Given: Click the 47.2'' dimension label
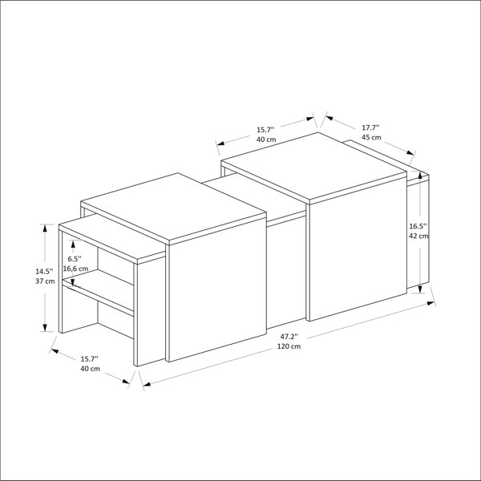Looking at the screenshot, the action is pyautogui.click(x=289, y=337).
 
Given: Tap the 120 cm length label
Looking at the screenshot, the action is pyautogui.click(x=289, y=346).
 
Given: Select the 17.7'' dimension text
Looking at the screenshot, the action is pyautogui.click(x=370, y=127).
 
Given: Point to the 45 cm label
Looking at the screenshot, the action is pyautogui.click(x=371, y=137).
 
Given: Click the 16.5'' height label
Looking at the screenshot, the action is pyautogui.click(x=418, y=226).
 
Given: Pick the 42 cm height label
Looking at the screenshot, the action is pyautogui.click(x=418, y=236).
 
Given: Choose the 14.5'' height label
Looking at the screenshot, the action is pyautogui.click(x=44, y=271).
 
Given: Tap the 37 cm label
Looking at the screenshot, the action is pyautogui.click(x=45, y=281).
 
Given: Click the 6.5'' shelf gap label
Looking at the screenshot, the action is pyautogui.click(x=75, y=259).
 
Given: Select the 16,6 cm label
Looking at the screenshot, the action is pyautogui.click(x=76, y=269).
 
